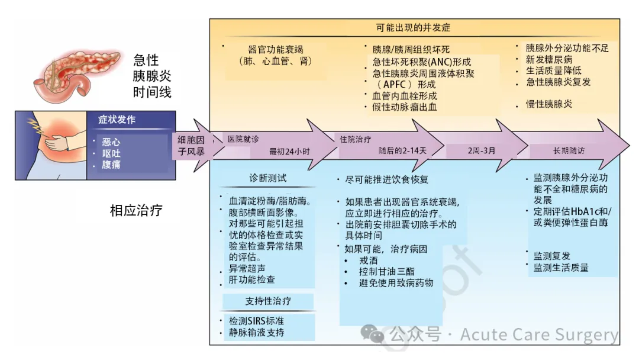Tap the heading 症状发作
[x=117, y=120]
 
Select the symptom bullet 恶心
[x=111, y=142]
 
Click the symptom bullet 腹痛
[x=111, y=165]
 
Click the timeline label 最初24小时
[x=289, y=150]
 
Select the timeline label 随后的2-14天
[x=402, y=150]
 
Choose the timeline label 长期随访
[x=569, y=150]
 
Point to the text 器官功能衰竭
[x=276, y=49]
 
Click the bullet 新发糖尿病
[x=549, y=60]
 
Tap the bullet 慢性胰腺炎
[x=549, y=104]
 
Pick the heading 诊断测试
[x=268, y=178]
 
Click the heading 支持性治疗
[x=268, y=301]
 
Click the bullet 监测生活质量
[x=561, y=268]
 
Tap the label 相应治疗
[x=136, y=210]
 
